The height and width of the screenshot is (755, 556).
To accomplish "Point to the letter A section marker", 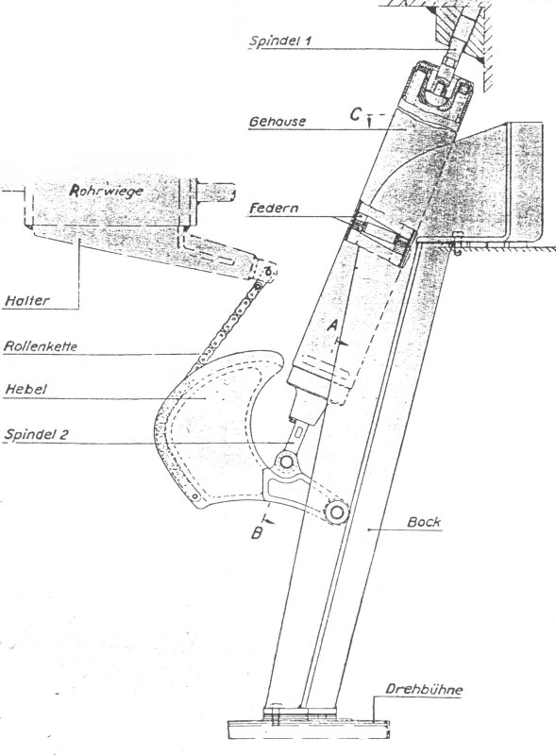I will (x=331, y=324).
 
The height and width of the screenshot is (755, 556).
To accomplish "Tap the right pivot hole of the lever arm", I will (x=335, y=512).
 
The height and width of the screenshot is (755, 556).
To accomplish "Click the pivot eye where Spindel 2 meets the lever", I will (x=284, y=461).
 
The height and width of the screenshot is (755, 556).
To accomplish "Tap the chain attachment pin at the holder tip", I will (x=271, y=273).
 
